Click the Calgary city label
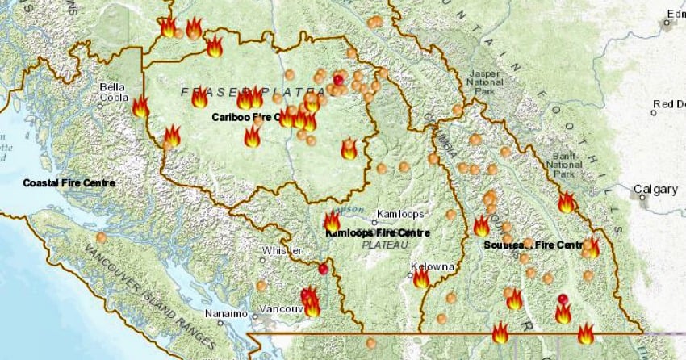[x=655, y=190]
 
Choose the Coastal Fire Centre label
[x=69, y=183]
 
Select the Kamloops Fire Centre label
[x=378, y=232]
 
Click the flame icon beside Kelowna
[x=421, y=278]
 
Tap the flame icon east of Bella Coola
[x=140, y=107]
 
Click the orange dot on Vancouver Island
[x=101, y=237]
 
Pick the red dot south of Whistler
[x=323, y=269]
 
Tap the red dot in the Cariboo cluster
[x=338, y=80]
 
